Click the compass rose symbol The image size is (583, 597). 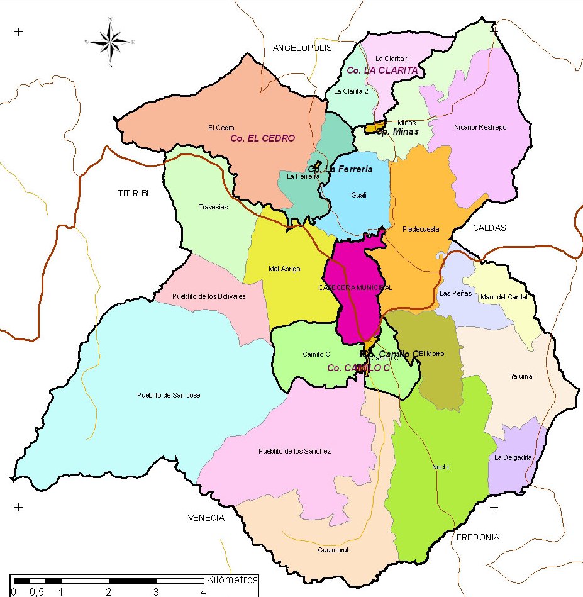110,42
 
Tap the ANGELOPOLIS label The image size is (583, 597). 302,48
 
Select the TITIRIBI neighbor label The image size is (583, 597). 133,193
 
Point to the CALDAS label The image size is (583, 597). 489,228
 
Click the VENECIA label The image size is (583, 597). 206,518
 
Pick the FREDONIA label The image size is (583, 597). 477,537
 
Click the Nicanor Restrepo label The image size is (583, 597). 480,128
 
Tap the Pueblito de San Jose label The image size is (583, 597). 169,395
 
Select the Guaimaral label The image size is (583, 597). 333,550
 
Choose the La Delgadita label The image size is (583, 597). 513,457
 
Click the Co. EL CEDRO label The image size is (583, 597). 262,138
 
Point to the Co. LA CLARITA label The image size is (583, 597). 382,70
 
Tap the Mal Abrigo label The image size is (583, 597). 284,269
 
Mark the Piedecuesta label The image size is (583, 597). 421,229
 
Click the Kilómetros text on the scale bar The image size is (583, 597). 232,579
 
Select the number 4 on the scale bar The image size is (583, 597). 203,592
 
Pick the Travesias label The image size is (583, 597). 213,207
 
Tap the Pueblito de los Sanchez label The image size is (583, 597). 294,451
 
